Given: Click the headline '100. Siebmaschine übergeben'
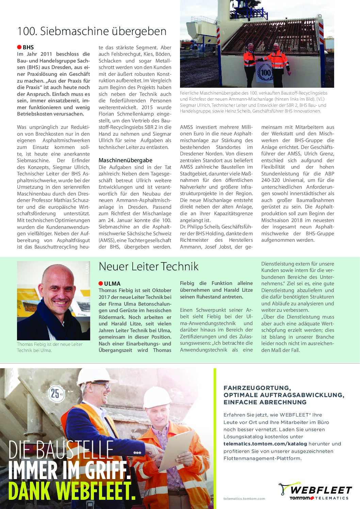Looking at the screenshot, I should click(x=92, y=31).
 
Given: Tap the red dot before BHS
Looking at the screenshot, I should click(x=19, y=47).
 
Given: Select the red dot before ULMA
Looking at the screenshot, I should click(x=101, y=283).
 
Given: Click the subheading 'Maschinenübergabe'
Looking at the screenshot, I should click(x=126, y=160).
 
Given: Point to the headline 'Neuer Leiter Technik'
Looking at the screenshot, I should click(x=148, y=266).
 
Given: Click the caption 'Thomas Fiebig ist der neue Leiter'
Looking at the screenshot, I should click(x=50, y=344).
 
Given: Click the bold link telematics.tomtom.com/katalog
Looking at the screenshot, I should click(x=265, y=444).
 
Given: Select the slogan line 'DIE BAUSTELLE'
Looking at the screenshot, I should click(x=61, y=449).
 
